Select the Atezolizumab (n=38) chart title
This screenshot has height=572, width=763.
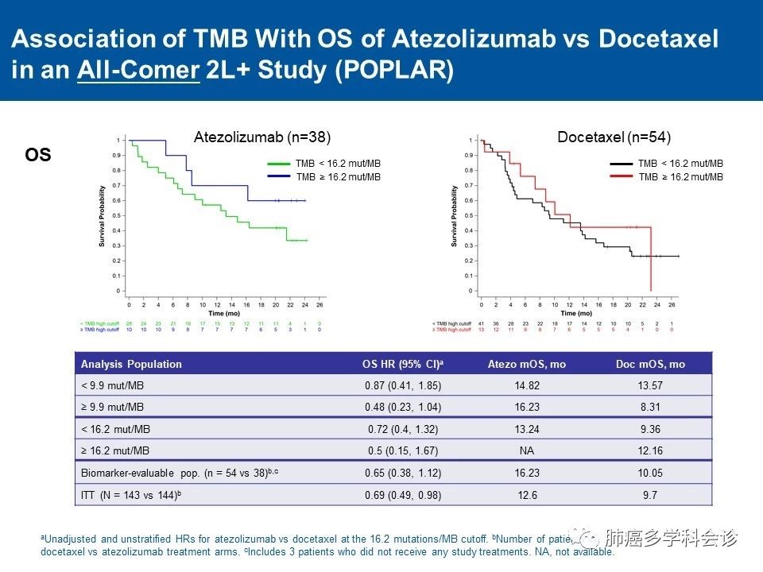[262, 137]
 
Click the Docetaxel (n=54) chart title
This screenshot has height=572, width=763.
[614, 137]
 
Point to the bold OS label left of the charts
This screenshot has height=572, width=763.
[38, 156]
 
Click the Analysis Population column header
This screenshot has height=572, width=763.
[131, 365]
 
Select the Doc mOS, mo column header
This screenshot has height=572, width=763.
[650, 365]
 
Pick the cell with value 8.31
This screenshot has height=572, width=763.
[650, 408]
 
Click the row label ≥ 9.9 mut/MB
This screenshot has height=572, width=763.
[113, 408]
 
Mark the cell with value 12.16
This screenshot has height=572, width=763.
[650, 451]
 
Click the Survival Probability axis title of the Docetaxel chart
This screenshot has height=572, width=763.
[454, 216]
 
